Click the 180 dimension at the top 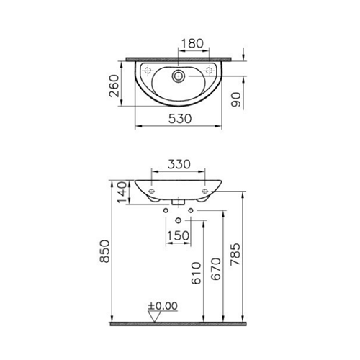tap(192, 43)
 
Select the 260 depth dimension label tap(114, 86)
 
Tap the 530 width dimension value tap(180, 119)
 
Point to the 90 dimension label tap(236, 99)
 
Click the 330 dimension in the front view tap(179, 164)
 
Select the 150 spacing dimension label tap(178, 235)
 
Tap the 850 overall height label tap(105, 251)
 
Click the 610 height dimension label tap(197, 273)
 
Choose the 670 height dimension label tap(215, 269)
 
